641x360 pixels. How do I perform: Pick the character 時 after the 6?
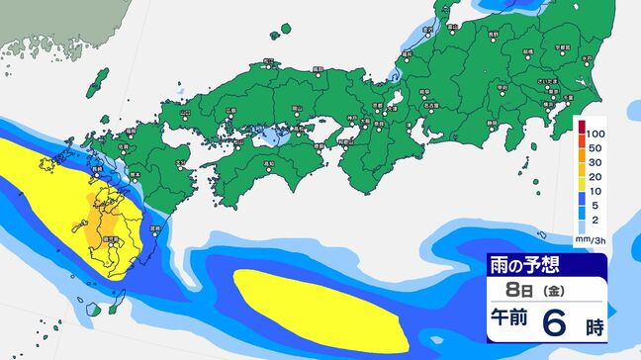[x=593, y=324]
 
